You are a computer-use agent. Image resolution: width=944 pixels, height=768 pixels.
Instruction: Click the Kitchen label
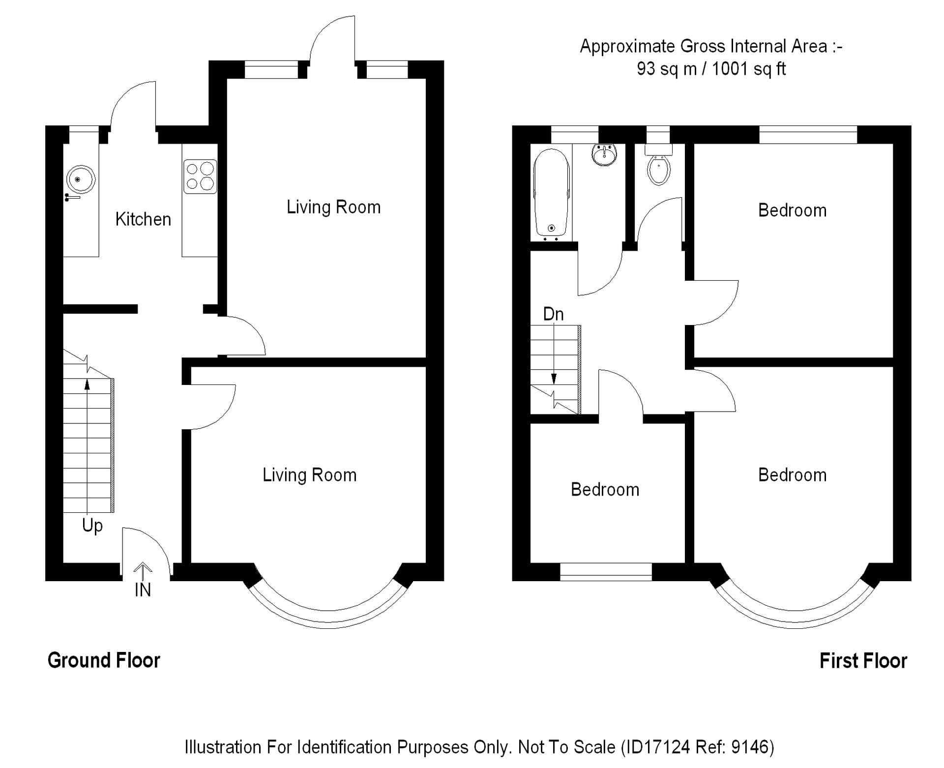[143, 219]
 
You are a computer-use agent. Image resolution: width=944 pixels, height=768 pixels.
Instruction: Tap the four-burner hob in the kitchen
[200, 177]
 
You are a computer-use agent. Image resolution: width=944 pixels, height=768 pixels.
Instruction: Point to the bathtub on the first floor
[552, 193]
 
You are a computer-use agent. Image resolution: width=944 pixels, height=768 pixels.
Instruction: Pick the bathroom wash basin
[605, 154]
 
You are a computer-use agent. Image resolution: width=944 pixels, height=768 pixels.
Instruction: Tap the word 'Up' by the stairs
[92, 526]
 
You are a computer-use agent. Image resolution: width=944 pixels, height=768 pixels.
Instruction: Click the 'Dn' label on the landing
[553, 314]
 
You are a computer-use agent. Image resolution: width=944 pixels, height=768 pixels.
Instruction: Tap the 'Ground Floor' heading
[104, 660]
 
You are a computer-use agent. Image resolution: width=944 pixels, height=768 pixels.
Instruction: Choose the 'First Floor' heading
[863, 661]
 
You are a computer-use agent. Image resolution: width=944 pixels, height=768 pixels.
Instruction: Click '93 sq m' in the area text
[667, 69]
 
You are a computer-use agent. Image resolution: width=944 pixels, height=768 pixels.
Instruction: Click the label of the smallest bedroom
[605, 490]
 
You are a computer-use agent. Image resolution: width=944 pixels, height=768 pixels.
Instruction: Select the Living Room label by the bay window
[309, 475]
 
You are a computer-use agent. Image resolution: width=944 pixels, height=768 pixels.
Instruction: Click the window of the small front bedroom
[606, 572]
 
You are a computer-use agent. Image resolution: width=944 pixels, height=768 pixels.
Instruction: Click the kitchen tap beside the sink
[72, 198]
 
